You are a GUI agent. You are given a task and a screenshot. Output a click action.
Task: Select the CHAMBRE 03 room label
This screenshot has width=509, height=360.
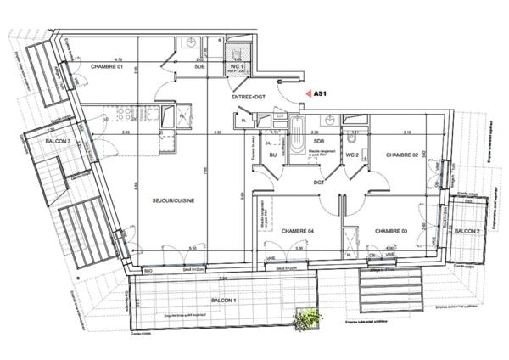point(392,231)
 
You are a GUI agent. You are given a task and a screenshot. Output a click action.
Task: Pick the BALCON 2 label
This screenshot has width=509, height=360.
point(467,231)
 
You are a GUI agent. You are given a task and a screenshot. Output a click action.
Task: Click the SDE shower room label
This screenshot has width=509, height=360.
point(200,67)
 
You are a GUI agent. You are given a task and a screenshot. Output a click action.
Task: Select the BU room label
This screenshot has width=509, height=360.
point(273,155)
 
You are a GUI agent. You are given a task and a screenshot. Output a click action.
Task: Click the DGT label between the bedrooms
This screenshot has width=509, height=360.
point(319,181)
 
